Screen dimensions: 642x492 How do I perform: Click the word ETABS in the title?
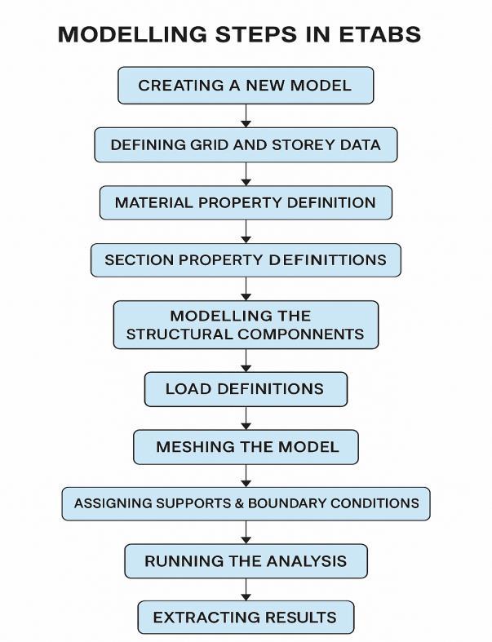[x=382, y=35]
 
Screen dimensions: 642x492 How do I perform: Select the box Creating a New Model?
[x=245, y=86]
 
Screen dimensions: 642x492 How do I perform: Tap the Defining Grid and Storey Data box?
[x=245, y=145]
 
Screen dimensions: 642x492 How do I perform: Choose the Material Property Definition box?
[x=245, y=202]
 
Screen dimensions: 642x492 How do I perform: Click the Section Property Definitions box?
[x=245, y=260]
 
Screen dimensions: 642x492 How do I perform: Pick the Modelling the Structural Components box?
[x=245, y=325]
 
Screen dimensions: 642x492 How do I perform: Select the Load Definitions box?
[x=245, y=389]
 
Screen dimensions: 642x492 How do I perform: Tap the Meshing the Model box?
[x=245, y=447]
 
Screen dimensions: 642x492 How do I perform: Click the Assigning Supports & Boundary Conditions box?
[x=245, y=503]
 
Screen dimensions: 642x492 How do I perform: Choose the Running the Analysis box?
[x=245, y=561]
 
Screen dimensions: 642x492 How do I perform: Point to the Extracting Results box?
[x=245, y=618]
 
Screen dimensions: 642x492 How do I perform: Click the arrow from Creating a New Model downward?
[x=246, y=115]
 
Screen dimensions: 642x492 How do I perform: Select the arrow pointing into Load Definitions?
[x=246, y=361]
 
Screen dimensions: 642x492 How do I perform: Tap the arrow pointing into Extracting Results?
[x=246, y=590]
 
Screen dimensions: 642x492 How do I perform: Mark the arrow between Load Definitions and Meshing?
[x=246, y=418]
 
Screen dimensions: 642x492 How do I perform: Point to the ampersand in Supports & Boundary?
[x=240, y=503]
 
